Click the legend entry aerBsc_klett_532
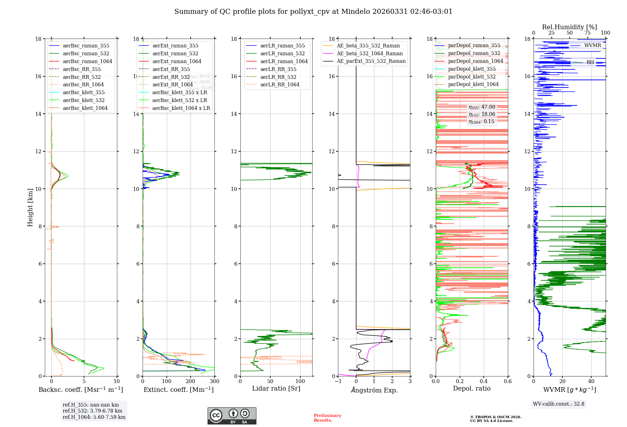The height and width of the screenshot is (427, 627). [x=84, y=100]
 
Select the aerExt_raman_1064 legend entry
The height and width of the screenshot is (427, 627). [x=177, y=61]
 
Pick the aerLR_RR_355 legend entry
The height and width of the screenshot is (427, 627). [x=278, y=69]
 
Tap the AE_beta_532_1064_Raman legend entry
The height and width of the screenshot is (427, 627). [x=370, y=53]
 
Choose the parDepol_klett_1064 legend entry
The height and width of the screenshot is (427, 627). [x=473, y=84]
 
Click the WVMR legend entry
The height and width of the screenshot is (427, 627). [x=593, y=45]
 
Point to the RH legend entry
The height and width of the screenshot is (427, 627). [x=590, y=62]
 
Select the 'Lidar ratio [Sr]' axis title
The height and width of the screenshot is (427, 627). [x=276, y=388]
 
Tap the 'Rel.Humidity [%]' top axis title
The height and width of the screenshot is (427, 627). [x=569, y=27]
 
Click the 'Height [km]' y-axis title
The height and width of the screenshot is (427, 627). [x=30, y=207]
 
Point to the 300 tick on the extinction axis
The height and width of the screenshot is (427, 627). [x=214, y=381]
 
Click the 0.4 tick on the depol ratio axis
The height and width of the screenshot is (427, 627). [x=484, y=381]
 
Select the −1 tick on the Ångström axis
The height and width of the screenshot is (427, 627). [x=338, y=381]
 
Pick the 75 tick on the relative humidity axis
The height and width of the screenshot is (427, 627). [x=587, y=33]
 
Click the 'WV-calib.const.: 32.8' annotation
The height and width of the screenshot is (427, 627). [x=559, y=404]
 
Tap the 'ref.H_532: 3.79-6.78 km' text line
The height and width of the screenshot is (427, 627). [x=92, y=411]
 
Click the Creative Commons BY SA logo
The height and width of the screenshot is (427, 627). [x=232, y=416]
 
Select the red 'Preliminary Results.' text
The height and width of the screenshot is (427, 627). [x=327, y=418]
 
